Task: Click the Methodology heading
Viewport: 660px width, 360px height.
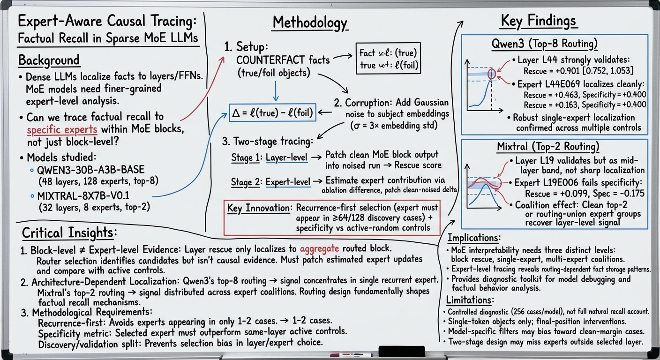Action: tap(310, 22)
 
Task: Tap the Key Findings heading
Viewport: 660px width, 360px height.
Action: tap(538, 21)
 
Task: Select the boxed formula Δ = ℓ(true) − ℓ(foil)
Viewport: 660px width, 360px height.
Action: tap(272, 112)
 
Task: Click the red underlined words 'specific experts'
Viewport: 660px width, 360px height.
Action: tap(62, 130)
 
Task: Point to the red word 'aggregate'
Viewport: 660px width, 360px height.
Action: tap(319, 249)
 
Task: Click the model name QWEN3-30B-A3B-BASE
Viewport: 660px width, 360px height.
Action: tap(91, 170)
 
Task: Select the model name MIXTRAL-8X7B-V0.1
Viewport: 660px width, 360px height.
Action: tap(83, 195)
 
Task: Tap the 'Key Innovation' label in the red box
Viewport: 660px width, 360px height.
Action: tap(258, 208)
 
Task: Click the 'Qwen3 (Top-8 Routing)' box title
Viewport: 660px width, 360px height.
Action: tap(545, 44)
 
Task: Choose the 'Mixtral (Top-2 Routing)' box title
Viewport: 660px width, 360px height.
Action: tap(548, 146)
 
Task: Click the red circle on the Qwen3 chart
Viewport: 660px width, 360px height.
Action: tap(491, 74)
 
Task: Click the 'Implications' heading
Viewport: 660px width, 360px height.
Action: tap(473, 238)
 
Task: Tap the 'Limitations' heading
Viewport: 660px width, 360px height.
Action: tap(470, 300)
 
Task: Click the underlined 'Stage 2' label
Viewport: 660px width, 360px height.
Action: tap(245, 182)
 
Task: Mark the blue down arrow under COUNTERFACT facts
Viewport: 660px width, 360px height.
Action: tap(276, 91)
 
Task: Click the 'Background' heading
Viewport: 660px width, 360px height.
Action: tap(49, 60)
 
